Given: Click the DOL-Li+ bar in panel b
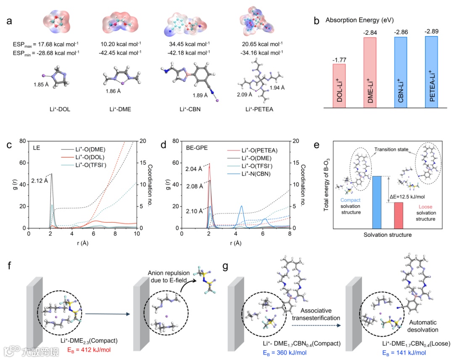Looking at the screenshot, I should pos(339,86).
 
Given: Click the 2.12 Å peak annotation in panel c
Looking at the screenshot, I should pos(41,181).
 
